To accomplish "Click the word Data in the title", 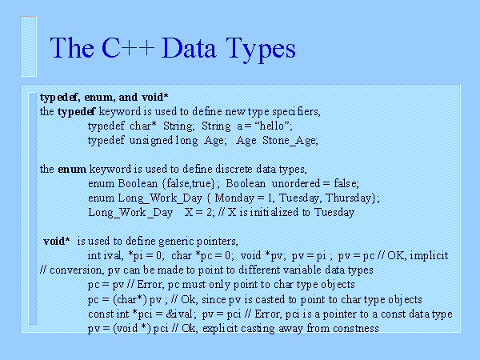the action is [189, 48].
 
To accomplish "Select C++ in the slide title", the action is [128, 48].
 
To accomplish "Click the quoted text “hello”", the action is [272, 126].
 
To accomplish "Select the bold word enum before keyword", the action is [72, 170].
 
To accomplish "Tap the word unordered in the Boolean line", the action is [296, 183].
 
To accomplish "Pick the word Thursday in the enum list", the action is [348, 198].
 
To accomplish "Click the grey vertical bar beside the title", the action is [29, 46].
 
